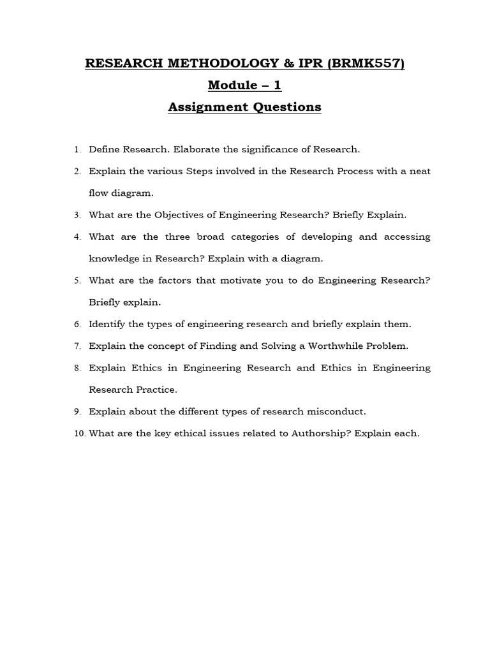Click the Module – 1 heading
point(244,85)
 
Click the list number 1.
point(77,150)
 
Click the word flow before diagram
point(100,193)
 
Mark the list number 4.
point(77,237)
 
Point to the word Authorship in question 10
point(317,434)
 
